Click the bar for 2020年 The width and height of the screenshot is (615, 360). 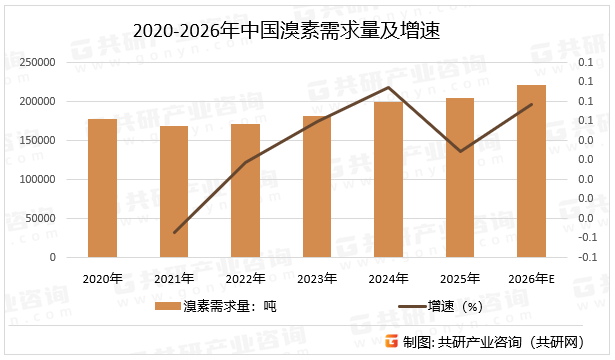102,188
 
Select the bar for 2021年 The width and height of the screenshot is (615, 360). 174,192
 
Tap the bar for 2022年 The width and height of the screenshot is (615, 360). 245,191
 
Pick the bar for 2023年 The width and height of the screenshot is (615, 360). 317,187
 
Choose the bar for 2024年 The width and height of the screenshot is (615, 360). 388,180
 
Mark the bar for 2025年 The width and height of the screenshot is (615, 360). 460,178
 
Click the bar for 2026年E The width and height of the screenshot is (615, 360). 531,171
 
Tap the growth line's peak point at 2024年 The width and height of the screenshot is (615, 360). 388,87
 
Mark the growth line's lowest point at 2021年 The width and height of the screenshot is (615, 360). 174,233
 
